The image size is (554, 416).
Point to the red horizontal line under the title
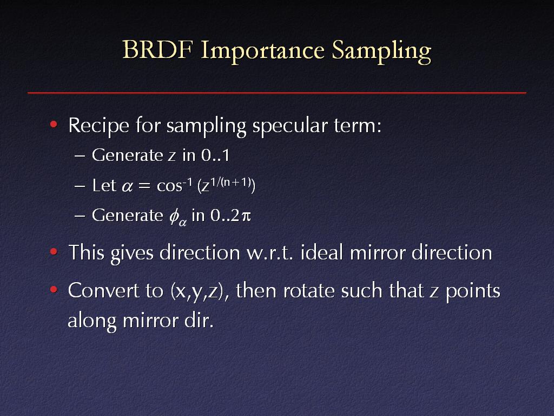coord(276,93)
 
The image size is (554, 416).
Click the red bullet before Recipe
coord(54,124)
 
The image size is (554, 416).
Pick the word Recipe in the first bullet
coord(98,126)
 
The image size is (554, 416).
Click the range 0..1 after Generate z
coord(215,155)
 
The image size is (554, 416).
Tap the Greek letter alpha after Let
coord(127,186)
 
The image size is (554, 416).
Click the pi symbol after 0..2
coord(246,216)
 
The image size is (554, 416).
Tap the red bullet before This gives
coord(54,251)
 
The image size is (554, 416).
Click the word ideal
coord(322,252)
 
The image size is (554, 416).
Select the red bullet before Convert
coord(54,290)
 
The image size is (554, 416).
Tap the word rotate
coord(308,291)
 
